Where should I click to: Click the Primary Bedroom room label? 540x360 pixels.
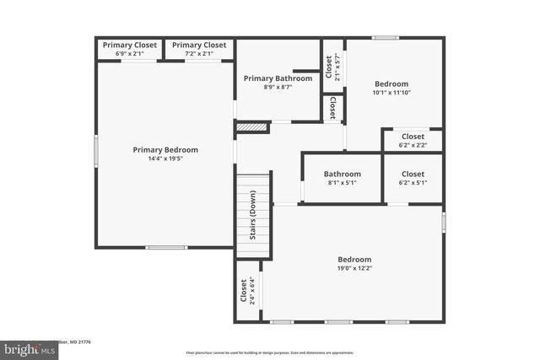pyautogui.click(x=165, y=149)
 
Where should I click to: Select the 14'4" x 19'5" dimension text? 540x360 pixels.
pyautogui.click(x=165, y=159)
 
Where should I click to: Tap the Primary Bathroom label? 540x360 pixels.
pyautogui.click(x=278, y=78)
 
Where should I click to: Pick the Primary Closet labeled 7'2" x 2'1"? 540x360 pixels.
pyautogui.click(x=198, y=49)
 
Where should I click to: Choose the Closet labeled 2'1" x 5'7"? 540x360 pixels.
pyautogui.click(x=332, y=66)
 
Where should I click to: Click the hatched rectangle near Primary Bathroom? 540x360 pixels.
pyautogui.click(x=251, y=127)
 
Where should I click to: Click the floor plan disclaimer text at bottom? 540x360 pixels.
pyautogui.click(x=269, y=352)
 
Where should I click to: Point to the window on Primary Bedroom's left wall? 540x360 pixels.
pyautogui.click(x=96, y=153)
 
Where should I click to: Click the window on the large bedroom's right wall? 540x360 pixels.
pyautogui.click(x=444, y=222)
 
